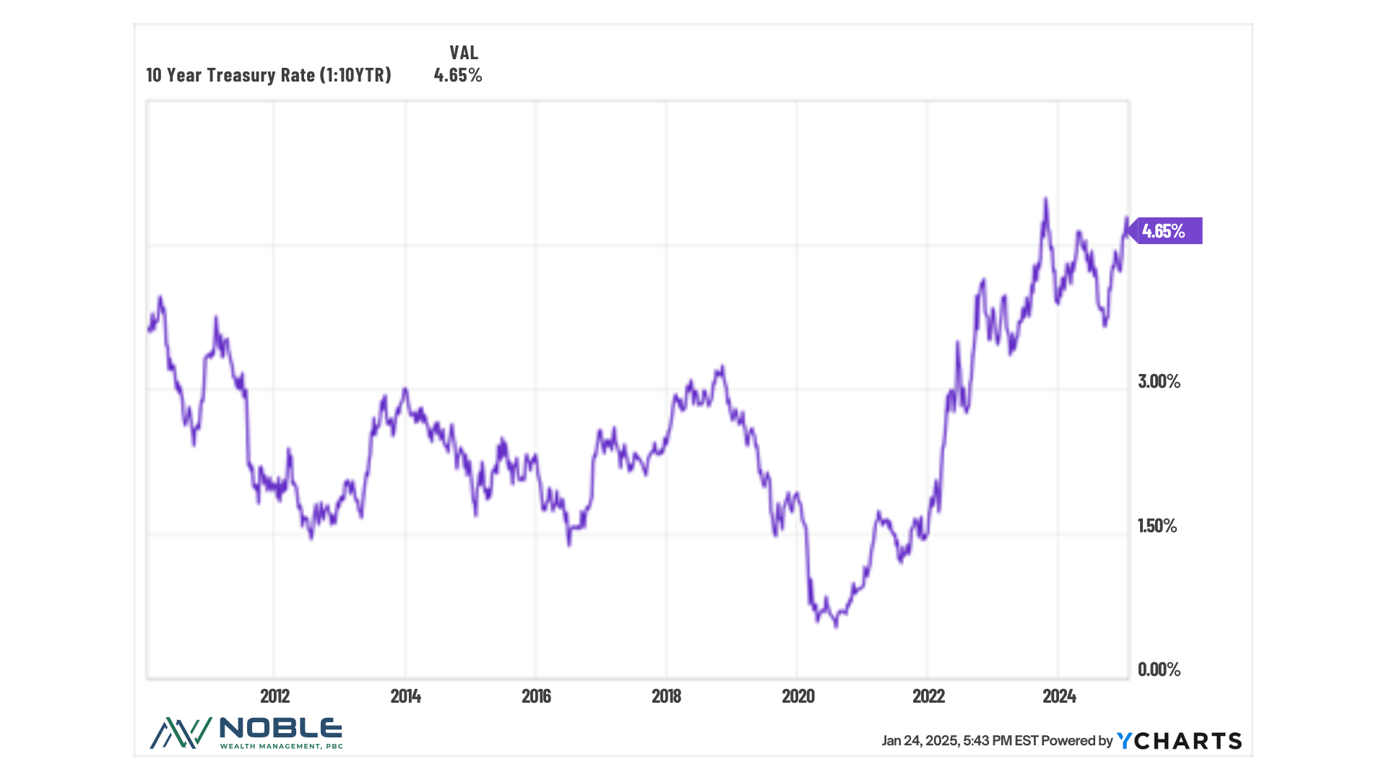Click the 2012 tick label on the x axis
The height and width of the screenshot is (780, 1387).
(x=275, y=696)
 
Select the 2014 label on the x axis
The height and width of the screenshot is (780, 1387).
(x=405, y=696)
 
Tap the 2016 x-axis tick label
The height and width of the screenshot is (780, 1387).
(x=536, y=696)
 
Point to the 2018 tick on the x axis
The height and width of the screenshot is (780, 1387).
(x=666, y=696)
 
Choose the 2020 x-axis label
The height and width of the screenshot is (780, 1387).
(x=798, y=696)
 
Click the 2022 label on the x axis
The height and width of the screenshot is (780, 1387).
(x=928, y=696)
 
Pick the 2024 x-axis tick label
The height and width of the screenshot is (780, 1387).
(x=1059, y=696)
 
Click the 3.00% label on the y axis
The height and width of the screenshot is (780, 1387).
(x=1159, y=381)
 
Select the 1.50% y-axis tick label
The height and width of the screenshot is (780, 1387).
(x=1157, y=526)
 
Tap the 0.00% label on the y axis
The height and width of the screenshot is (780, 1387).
(x=1159, y=669)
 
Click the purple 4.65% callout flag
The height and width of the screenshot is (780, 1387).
(x=1165, y=231)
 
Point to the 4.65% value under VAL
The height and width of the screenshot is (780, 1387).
(x=457, y=75)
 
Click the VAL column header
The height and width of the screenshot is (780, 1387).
(x=464, y=53)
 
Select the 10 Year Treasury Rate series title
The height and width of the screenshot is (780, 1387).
(x=269, y=75)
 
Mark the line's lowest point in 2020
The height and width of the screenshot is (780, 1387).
(x=836, y=625)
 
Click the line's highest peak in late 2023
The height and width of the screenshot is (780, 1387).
(x=1045, y=199)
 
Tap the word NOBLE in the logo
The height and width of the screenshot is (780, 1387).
(x=280, y=728)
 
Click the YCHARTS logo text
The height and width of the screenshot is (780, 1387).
(x=1179, y=741)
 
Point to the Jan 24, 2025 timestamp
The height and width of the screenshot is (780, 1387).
(x=959, y=741)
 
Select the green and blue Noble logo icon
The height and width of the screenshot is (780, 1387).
(x=181, y=733)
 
